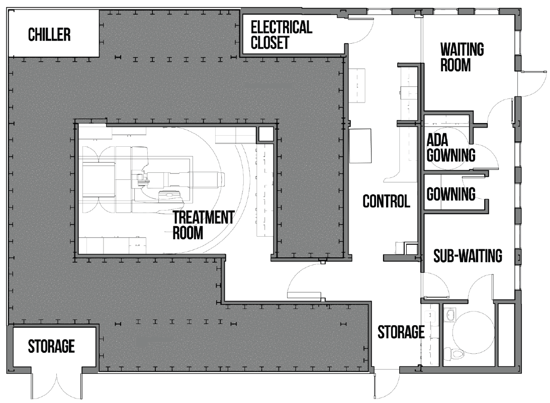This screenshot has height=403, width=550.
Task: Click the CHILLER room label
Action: tap(49, 34)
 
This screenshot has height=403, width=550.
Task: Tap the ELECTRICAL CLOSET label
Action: tap(282, 35)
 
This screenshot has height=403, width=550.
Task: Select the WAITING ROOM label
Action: tap(462, 57)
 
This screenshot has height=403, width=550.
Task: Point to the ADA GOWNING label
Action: tap(451, 148)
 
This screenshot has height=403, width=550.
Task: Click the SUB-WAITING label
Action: tap(468, 256)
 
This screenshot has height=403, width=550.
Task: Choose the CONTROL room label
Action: tap(386, 201)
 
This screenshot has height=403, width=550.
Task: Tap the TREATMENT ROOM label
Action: tap(204, 225)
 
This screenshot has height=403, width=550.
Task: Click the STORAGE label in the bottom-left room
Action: tap(51, 346)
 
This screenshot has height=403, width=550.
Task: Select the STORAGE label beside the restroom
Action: tap(401, 332)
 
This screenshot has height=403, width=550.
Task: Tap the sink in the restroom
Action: tap(449, 315)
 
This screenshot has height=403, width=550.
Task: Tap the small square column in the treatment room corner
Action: tap(266, 134)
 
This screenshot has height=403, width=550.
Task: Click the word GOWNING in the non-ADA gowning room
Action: tap(451, 194)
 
